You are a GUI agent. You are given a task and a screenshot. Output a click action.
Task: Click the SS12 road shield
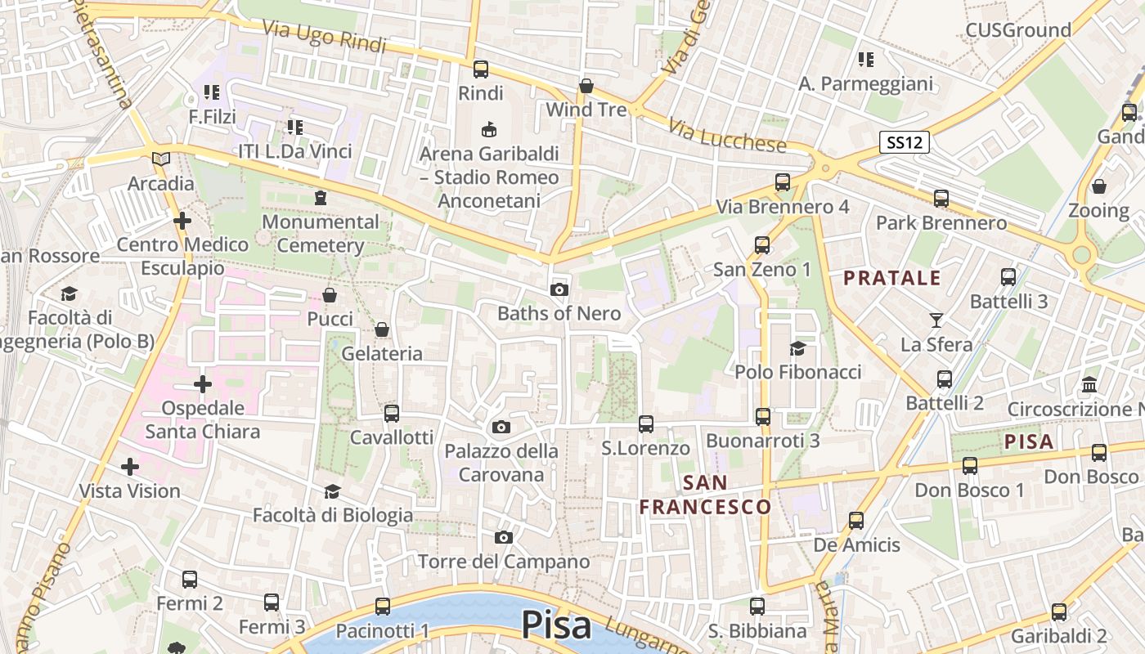pos(904,143)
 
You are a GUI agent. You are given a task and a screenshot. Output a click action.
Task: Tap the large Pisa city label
pos(556,625)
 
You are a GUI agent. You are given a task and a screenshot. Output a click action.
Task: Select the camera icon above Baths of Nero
pos(559,289)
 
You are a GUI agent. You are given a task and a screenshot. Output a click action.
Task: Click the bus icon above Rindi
pos(481,69)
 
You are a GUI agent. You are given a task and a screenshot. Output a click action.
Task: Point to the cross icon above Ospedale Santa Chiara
pos(202,383)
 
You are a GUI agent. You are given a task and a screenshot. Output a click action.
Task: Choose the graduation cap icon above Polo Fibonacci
pos(797,349)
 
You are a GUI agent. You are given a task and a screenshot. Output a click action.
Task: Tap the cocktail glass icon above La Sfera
pos(936,320)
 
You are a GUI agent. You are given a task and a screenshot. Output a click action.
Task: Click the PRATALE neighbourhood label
pos(892,278)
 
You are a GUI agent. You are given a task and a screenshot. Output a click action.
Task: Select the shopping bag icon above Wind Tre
pos(586,86)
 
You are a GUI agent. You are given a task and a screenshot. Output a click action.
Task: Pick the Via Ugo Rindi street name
pos(324,36)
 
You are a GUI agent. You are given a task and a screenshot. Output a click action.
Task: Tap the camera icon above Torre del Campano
pos(504,537)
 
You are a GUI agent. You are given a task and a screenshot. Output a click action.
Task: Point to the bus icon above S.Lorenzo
pos(646,424)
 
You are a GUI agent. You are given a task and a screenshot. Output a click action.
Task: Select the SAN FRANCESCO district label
pos(705,495)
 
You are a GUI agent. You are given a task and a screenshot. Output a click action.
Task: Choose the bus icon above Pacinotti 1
pos(383,607)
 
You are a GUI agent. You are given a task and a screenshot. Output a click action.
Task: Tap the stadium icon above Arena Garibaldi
pos(489,129)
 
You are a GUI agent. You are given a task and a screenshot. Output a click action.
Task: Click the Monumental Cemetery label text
pos(321,233)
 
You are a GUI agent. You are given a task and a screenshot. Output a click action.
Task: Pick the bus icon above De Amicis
pos(856,521)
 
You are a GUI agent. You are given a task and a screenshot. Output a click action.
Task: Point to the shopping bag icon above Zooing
pos(1099,186)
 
